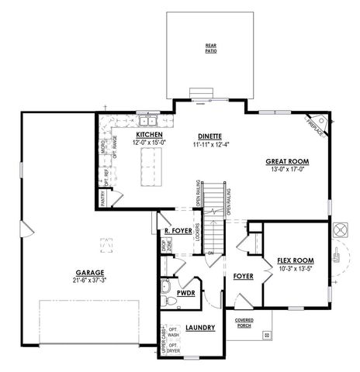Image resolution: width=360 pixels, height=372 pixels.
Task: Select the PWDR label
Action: [185, 294]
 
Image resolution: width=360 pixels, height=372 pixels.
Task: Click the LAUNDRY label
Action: [200, 329]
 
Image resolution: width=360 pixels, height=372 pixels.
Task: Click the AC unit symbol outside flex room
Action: [339, 231]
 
